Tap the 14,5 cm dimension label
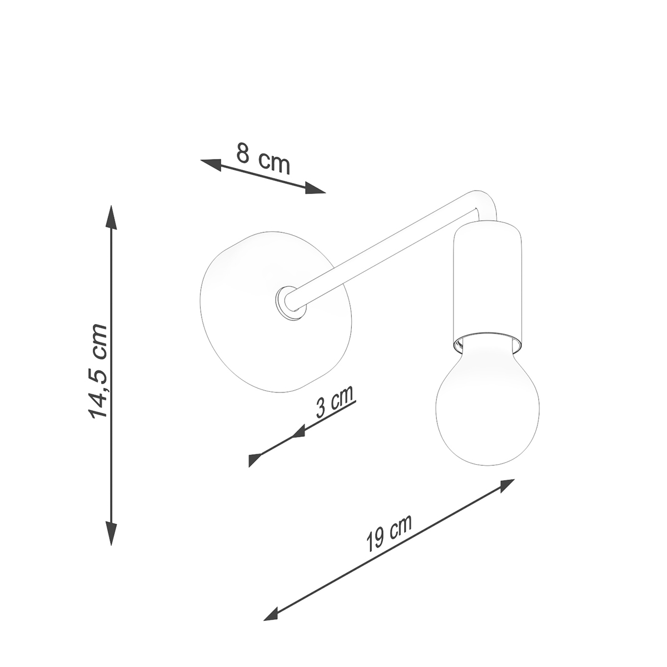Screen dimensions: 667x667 [x=98, y=371]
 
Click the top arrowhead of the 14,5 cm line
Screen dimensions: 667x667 [x=111, y=217]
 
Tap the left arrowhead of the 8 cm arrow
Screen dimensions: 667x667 [x=211, y=164]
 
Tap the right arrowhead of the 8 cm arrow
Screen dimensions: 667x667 [x=315, y=188]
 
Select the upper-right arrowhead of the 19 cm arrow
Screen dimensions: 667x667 [x=505, y=485]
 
